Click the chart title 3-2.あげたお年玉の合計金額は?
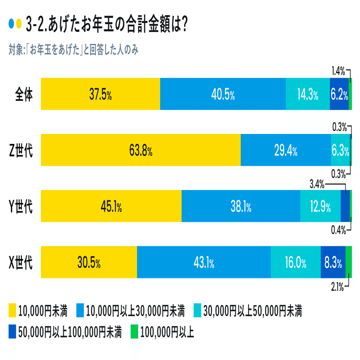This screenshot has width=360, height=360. pos(107,24)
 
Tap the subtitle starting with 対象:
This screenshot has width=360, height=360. pos(73,50)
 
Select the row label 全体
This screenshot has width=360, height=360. pos(24,95)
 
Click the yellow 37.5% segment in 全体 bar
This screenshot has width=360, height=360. pos(100,95)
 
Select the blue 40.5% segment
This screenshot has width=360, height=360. pos(223,95)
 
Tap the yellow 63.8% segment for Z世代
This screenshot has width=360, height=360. pos(140,151)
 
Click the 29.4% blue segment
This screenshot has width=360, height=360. pos(286,151)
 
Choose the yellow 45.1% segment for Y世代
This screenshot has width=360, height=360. pos(111,207)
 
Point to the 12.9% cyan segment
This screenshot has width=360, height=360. pos(320,207)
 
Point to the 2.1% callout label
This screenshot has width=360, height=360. pos(337,286)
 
